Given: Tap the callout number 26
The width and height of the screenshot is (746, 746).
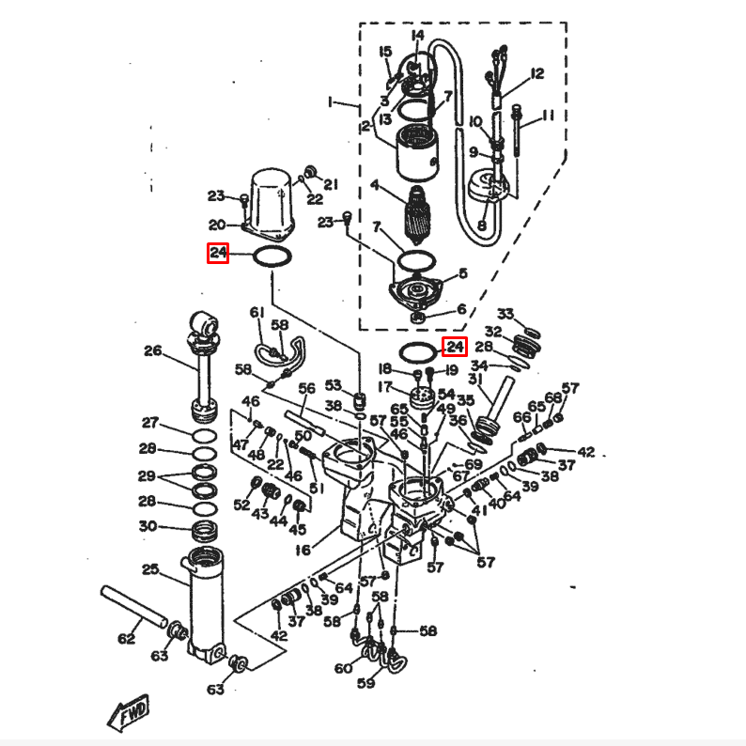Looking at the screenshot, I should tap(153, 351).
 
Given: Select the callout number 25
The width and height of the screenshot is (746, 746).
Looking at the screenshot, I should tap(150, 569).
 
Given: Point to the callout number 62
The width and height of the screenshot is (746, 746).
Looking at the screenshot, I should tap(127, 640).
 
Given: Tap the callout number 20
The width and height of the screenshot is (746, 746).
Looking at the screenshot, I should tap(217, 225).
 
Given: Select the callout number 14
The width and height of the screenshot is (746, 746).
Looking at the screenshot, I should tap(418, 36).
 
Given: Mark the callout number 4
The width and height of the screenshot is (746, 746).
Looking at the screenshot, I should tap(374, 186).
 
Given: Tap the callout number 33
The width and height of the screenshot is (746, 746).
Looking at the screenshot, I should tap(505, 313).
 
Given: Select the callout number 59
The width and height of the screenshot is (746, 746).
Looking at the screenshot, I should tap(366, 683).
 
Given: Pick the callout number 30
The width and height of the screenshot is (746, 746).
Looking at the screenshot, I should tap(148, 526).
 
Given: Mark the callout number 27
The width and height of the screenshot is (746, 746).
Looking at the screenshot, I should tap(150, 423).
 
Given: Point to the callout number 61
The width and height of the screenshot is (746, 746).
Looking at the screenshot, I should tap(256, 312).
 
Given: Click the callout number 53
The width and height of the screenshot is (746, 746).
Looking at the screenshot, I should tap(334, 385).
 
